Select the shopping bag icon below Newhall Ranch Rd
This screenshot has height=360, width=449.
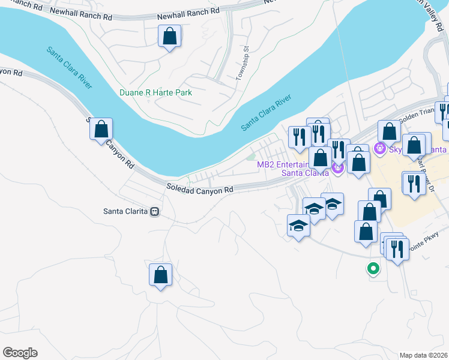[x=170, y=37]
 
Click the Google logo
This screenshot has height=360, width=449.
[x=20, y=353]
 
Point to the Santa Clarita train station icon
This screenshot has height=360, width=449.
[x=155, y=211]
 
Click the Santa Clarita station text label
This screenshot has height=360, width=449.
[x=125, y=211]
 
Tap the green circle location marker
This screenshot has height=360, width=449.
[x=373, y=269]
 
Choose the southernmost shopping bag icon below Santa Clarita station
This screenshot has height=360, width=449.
[x=160, y=275]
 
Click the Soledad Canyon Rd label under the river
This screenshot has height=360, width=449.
[x=199, y=190]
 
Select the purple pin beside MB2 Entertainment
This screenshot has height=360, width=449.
[x=338, y=170]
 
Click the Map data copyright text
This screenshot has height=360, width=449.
[x=422, y=355]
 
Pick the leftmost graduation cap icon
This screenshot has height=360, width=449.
[x=298, y=227]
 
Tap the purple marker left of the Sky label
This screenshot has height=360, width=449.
[x=379, y=148]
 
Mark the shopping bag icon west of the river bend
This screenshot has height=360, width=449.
[x=101, y=129]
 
